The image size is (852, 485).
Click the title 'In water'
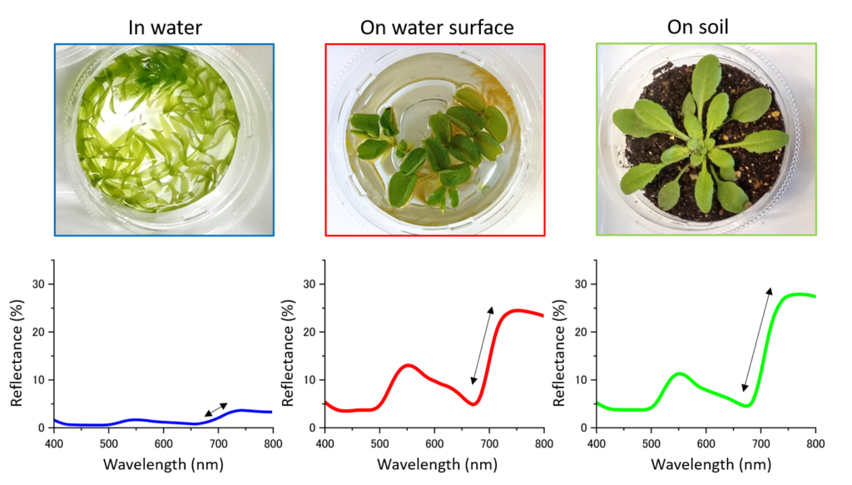click(165, 27)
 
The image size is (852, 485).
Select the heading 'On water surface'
click(436, 27)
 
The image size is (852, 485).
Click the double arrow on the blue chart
click(215, 408)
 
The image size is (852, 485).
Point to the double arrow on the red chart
click(482, 345)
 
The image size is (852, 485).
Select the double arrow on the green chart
click(757, 339)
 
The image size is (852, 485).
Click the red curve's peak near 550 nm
click(408, 364)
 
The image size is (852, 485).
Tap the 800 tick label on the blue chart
click(272, 442)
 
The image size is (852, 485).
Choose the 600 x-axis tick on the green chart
click(706, 442)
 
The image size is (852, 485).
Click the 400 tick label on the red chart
click(324, 442)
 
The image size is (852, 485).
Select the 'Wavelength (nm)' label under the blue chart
click(163, 463)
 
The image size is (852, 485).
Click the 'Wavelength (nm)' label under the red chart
click(434, 463)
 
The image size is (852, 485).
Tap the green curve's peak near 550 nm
click(680, 374)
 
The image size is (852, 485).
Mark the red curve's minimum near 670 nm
click(473, 404)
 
